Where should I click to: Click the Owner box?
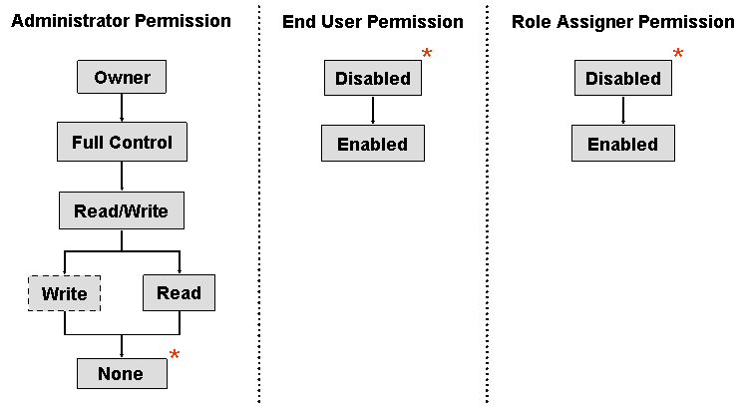(x=121, y=78)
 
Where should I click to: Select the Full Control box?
(x=122, y=143)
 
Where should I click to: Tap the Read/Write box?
(x=121, y=211)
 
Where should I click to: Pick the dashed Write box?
(x=65, y=293)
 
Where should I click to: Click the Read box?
(x=179, y=293)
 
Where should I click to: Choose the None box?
(x=121, y=373)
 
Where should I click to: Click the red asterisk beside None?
(x=175, y=356)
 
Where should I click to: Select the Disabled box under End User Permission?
(x=372, y=78)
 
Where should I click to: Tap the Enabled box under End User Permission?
(x=372, y=144)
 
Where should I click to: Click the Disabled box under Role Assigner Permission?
(x=622, y=78)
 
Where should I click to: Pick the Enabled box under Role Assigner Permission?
(x=622, y=144)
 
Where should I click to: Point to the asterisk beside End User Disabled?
(x=427, y=55)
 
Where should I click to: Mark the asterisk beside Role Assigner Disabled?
(x=678, y=55)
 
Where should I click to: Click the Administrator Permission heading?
(x=121, y=21)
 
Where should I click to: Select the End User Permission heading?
(x=372, y=22)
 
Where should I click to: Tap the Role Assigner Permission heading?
(x=622, y=22)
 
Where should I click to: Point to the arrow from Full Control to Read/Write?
(x=121, y=176)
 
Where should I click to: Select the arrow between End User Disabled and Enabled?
(x=372, y=111)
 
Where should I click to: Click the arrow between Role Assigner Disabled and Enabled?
(x=622, y=111)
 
